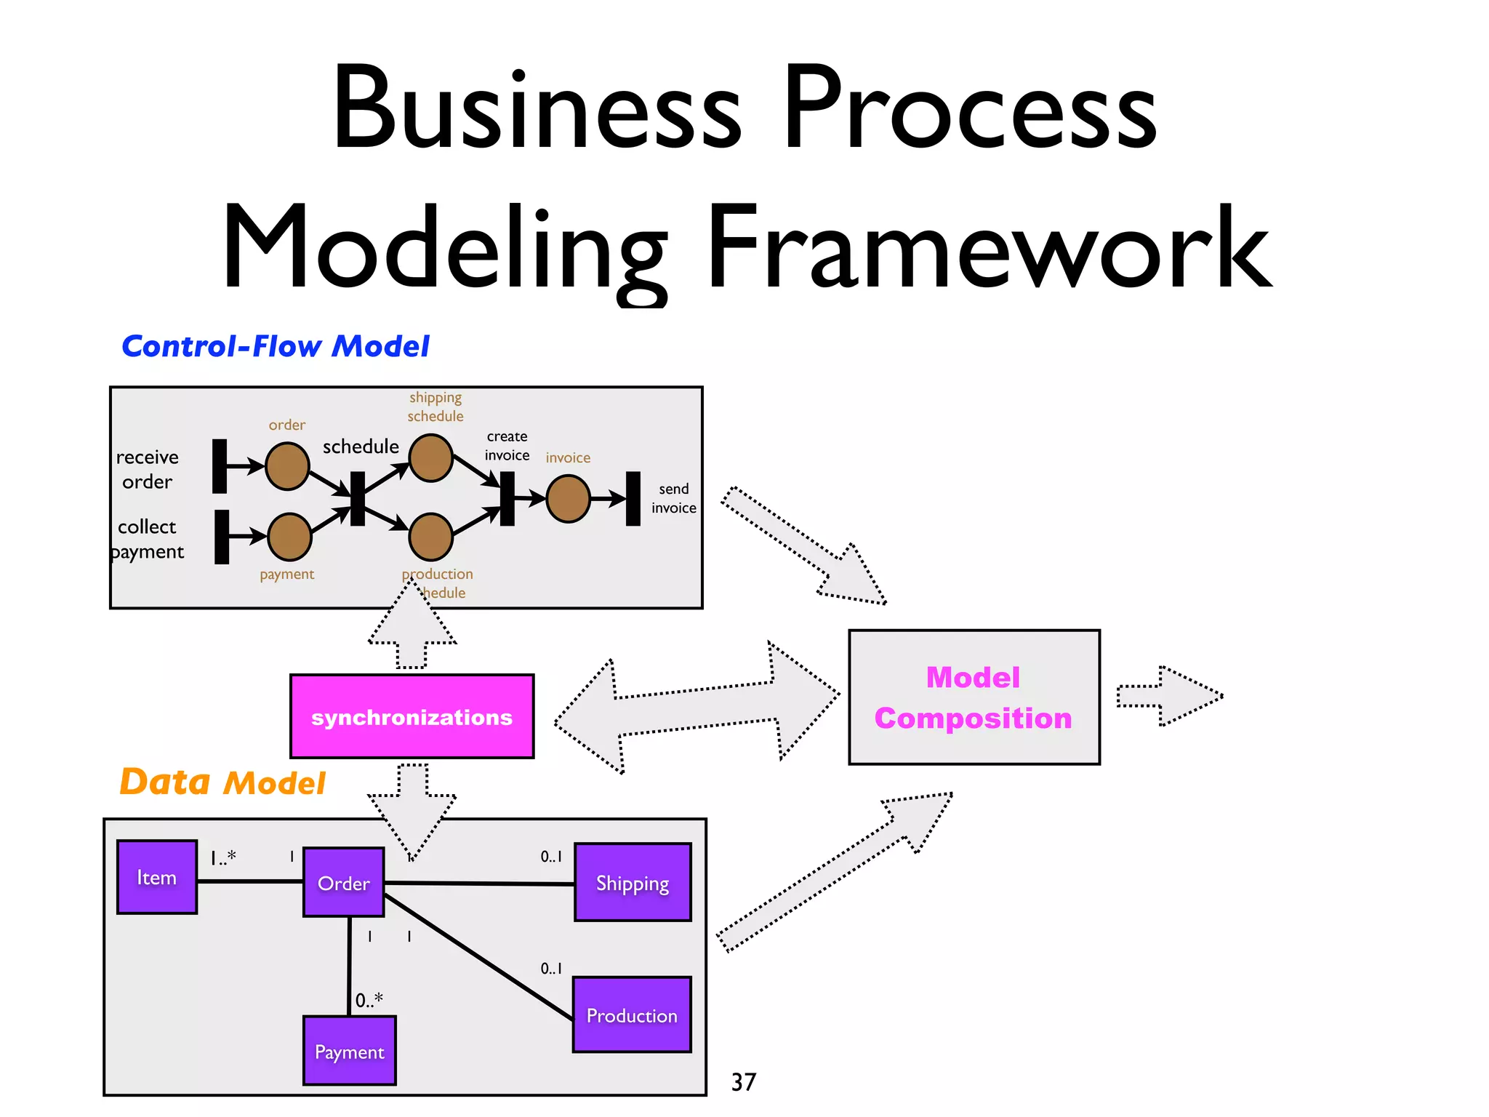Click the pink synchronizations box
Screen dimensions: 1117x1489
pyautogui.click(x=412, y=716)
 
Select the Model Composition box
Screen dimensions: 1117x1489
pyautogui.click(x=974, y=697)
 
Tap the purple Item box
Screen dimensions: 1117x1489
pyautogui.click(x=157, y=877)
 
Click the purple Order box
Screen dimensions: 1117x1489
pyautogui.click(x=343, y=882)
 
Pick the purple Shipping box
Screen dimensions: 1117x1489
pyautogui.click(x=633, y=882)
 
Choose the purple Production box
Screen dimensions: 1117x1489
pyautogui.click(x=632, y=1014)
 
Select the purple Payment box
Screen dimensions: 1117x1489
pyautogui.click(x=349, y=1051)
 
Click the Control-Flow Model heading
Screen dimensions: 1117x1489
pyautogui.click(x=276, y=346)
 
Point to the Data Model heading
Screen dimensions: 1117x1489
pyautogui.click(x=222, y=782)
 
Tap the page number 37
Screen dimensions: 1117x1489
pyautogui.click(x=743, y=1081)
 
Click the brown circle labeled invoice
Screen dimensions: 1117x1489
pyautogui.click(x=568, y=499)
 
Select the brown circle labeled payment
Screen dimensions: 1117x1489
pyautogui.click(x=289, y=537)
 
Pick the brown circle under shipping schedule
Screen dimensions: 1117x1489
pyautogui.click(x=431, y=458)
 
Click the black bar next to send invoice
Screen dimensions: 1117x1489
pyautogui.click(x=633, y=499)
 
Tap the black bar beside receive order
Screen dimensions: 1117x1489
pyautogui.click(x=220, y=465)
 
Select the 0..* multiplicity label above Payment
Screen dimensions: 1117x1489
pyautogui.click(x=369, y=1000)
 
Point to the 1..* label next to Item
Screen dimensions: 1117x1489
pyautogui.click(x=223, y=858)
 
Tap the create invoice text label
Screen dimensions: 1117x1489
pyautogui.click(x=507, y=446)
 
